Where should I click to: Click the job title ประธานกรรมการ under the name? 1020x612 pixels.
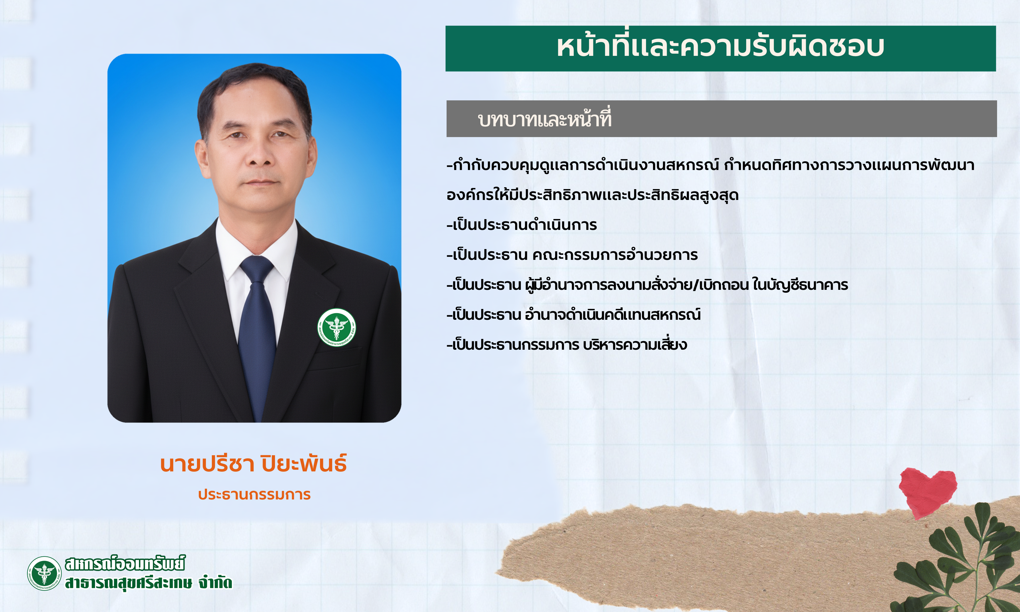[254, 494]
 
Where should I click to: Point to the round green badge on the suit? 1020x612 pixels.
[336, 327]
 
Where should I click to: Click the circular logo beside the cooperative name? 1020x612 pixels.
[44, 573]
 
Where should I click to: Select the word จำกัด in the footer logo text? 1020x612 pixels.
[215, 582]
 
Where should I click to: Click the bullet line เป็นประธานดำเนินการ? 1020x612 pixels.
[522, 225]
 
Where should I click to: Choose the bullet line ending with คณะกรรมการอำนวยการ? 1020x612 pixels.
[572, 255]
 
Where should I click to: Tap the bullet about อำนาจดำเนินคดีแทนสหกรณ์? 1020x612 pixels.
[573, 315]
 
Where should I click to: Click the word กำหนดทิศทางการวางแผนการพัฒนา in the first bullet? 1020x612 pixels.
[849, 165]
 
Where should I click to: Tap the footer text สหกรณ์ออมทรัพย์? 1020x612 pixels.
[125, 563]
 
